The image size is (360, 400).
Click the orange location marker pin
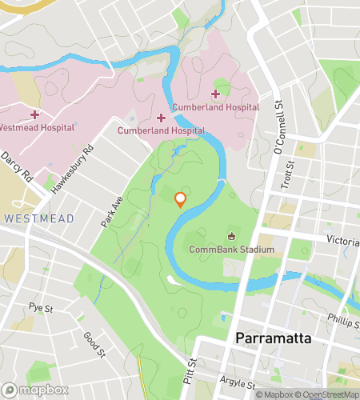click(x=181, y=200)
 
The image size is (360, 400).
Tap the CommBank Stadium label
click(x=232, y=250)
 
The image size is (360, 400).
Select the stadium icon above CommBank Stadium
click(x=232, y=236)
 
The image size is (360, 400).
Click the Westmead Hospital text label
click(x=37, y=127)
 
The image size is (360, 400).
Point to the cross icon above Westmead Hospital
click(x=34, y=115)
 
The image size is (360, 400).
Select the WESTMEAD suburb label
click(x=38, y=218)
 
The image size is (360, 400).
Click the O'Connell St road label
click(x=279, y=128)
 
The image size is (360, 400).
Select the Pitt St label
click(x=190, y=349)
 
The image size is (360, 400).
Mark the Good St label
click(x=94, y=342)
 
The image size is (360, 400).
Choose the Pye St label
click(x=40, y=307)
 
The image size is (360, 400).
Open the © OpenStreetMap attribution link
click(x=327, y=394)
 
